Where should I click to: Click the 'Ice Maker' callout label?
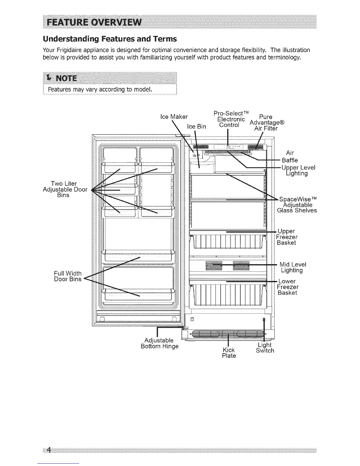click(174, 117)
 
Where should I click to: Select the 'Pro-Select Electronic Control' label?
click(231, 119)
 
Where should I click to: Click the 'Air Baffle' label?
click(290, 156)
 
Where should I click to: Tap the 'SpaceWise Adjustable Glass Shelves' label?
click(297, 205)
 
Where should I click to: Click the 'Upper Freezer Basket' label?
click(287, 237)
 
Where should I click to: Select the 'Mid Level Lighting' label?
click(292, 267)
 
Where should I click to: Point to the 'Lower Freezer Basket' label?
click(287, 287)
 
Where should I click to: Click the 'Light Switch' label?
click(265, 347)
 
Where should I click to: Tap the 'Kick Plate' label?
click(229, 353)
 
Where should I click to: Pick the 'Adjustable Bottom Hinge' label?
click(160, 343)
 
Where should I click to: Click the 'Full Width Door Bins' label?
click(68, 276)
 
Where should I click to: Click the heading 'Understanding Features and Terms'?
click(110, 39)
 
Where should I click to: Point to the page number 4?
click(49, 450)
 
